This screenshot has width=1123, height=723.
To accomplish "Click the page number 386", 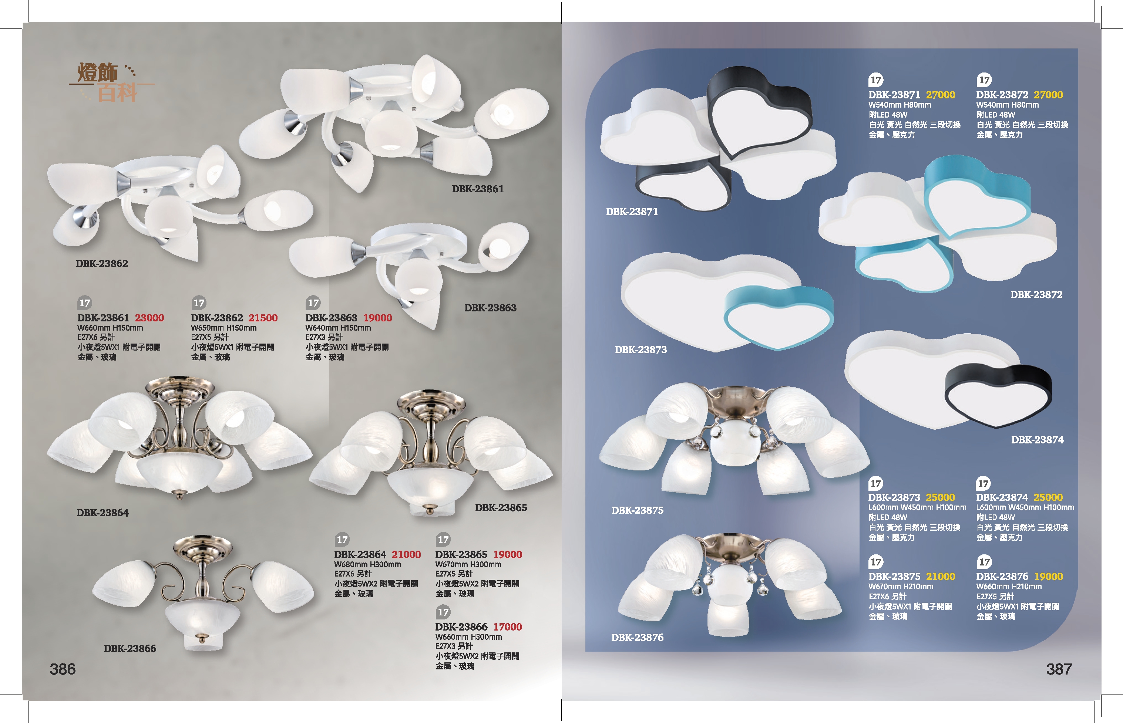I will coord(63,669).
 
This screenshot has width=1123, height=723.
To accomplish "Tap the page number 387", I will coord(1059,669).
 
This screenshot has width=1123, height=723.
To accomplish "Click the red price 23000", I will coord(149,318).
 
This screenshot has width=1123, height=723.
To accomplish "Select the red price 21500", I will coord(263,318).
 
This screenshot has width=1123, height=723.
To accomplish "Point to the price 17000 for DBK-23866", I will coord(507,627).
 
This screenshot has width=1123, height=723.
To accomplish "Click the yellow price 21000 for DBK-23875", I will coord(940,577).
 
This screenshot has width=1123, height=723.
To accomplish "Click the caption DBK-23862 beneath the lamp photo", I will coord(102,264).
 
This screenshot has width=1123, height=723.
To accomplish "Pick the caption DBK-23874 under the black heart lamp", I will coord(1037,440).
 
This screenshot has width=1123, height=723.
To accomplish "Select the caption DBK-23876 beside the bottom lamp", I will coord(637,638).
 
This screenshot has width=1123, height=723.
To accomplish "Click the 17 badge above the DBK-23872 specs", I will coord(984,80).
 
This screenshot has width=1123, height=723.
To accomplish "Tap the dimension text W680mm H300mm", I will coord(367,565).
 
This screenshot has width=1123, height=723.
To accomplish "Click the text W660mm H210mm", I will coord(1008,587).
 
